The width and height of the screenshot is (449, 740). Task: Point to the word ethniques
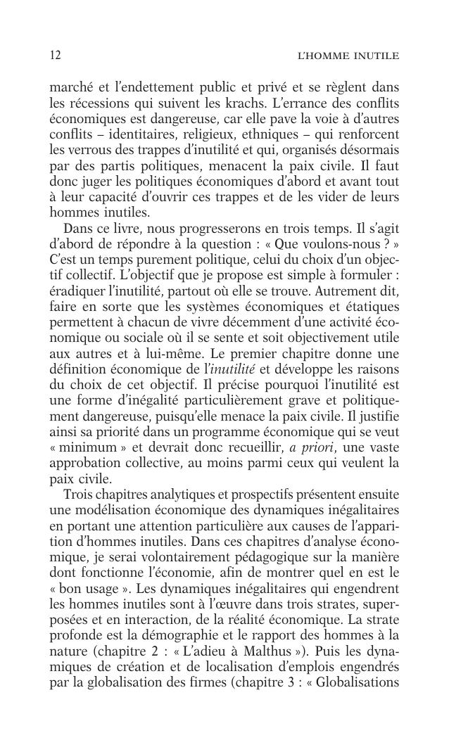pos(287,134)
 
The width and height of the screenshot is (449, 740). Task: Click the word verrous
pos(94,149)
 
